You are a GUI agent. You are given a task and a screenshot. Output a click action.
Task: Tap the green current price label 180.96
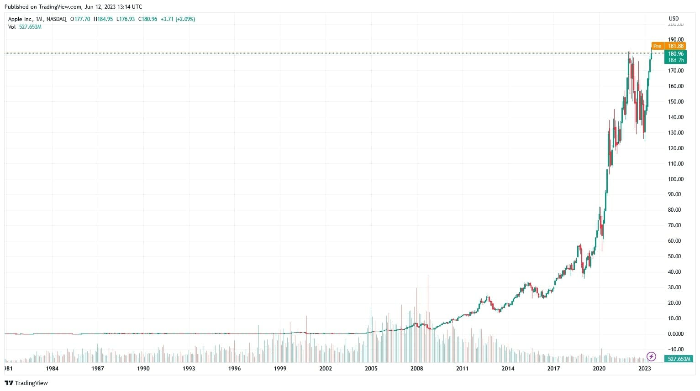[675, 53]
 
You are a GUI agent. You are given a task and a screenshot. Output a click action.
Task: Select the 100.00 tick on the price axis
[675, 179]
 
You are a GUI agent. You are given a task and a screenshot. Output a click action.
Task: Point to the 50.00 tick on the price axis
[675, 256]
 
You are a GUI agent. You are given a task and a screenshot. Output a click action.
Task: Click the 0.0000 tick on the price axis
[675, 334]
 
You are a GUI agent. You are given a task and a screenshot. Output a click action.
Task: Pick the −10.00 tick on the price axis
[675, 349]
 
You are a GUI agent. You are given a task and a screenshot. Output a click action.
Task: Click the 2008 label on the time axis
[416, 369]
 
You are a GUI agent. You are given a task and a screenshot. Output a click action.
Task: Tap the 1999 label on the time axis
[280, 369]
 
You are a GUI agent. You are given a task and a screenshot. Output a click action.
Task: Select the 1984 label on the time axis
[52, 369]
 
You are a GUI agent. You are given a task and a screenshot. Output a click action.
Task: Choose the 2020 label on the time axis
[599, 369]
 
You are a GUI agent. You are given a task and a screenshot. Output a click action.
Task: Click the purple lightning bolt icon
[652, 356]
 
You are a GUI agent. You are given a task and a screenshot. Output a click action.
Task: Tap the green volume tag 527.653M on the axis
[679, 359]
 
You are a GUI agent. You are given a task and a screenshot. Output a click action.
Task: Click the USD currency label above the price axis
[674, 19]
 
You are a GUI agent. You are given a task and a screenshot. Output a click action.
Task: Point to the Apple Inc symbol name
[20, 19]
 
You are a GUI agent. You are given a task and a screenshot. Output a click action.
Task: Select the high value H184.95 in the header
[103, 19]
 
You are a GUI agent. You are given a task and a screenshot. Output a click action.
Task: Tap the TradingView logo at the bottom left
[26, 383]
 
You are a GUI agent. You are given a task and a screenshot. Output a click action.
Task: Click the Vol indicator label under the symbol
[12, 27]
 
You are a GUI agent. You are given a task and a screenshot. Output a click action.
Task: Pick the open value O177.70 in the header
[80, 19]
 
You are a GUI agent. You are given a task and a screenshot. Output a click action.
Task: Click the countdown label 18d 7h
[676, 60]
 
